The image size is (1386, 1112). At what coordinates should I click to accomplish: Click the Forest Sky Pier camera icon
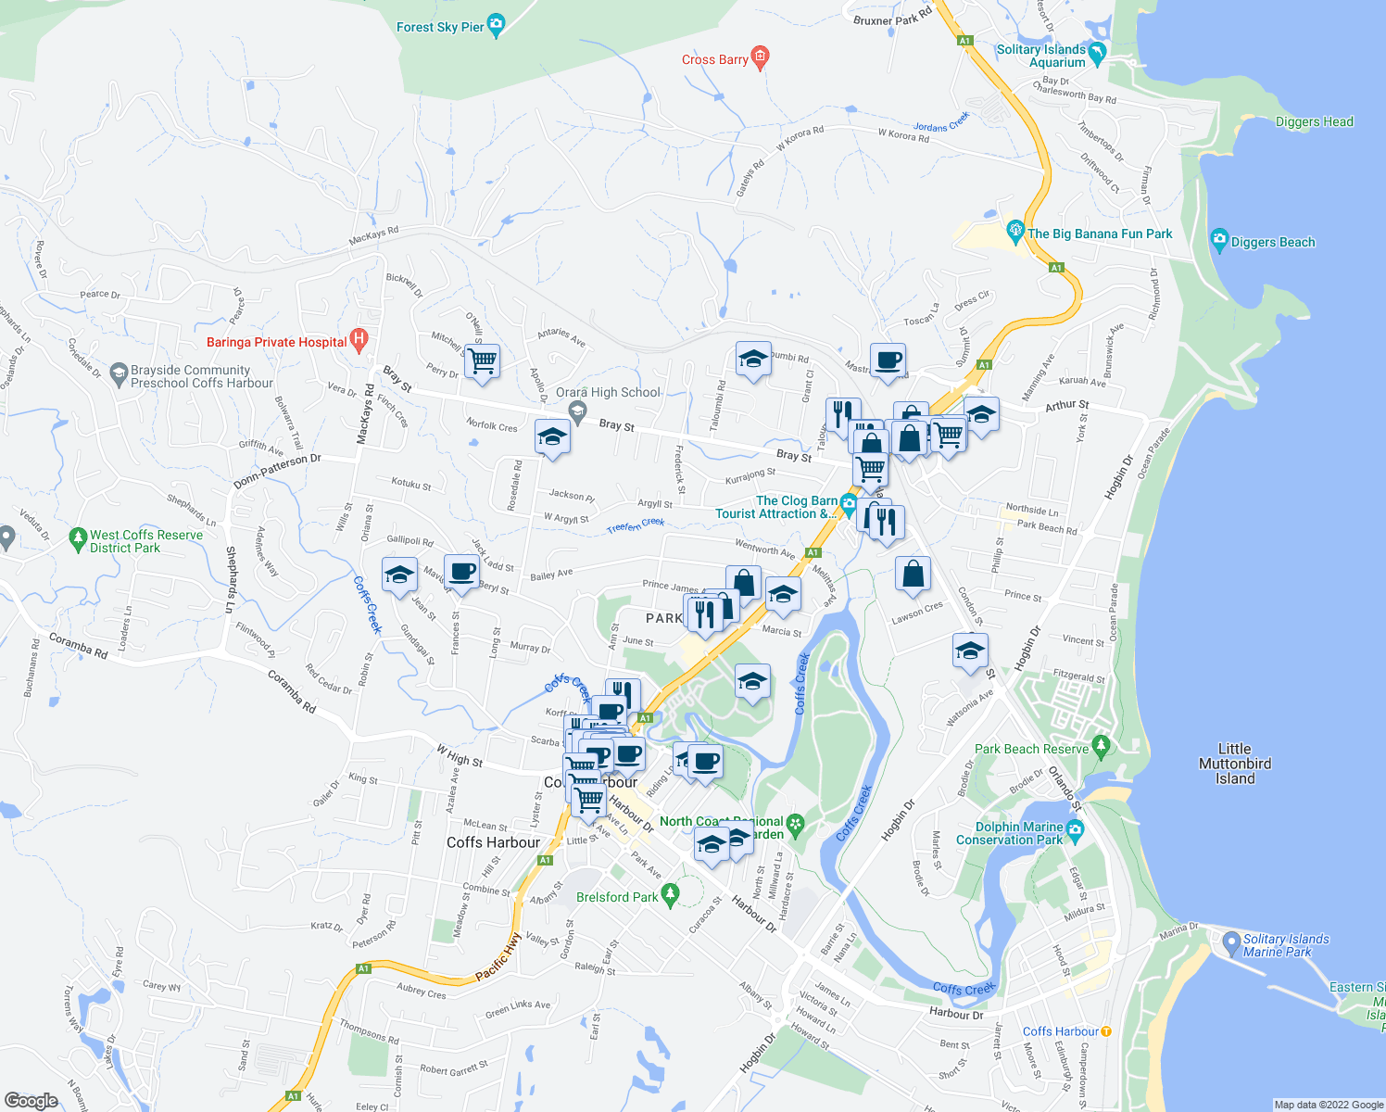tap(496, 25)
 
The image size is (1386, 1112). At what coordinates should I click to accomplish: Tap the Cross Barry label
tap(714, 59)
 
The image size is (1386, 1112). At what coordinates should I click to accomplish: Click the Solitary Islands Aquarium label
tap(1040, 56)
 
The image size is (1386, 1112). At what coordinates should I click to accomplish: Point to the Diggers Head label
tap(1314, 121)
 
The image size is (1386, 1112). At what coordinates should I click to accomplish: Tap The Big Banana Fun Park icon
tap(1015, 229)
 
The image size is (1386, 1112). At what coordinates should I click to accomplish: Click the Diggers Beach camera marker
tap(1219, 240)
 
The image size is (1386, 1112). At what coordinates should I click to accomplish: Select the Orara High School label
tap(608, 392)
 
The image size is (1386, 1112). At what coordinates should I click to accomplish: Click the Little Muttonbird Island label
tap(1234, 764)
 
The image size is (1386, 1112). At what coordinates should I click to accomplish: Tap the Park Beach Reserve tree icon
tap(1101, 744)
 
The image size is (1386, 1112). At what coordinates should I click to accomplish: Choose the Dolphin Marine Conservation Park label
tap(1010, 833)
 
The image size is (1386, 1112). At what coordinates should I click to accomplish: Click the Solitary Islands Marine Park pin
tap(1231, 943)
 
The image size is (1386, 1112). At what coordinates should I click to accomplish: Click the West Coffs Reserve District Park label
tap(145, 541)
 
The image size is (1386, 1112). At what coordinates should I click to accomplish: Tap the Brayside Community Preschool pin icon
tap(118, 374)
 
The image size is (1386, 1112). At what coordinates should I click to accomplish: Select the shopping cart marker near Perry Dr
tap(482, 360)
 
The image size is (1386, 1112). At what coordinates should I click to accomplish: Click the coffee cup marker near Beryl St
tap(461, 571)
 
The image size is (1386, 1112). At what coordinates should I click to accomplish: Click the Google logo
tap(31, 1100)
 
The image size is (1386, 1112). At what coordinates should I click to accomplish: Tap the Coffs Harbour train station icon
tap(1105, 1031)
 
